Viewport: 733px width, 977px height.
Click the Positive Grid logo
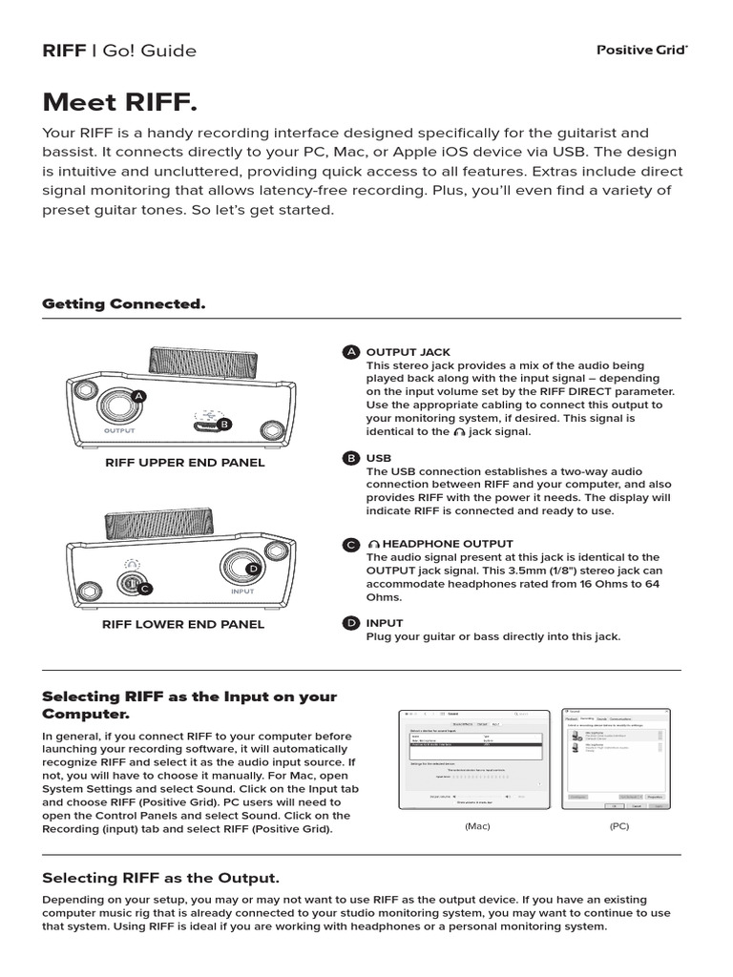coord(641,50)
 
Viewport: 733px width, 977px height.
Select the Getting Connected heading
coord(123,303)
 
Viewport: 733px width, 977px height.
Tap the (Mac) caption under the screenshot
coord(477,825)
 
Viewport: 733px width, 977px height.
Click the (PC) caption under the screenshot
coord(619,825)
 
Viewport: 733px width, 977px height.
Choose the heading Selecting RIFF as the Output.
coord(161,877)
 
